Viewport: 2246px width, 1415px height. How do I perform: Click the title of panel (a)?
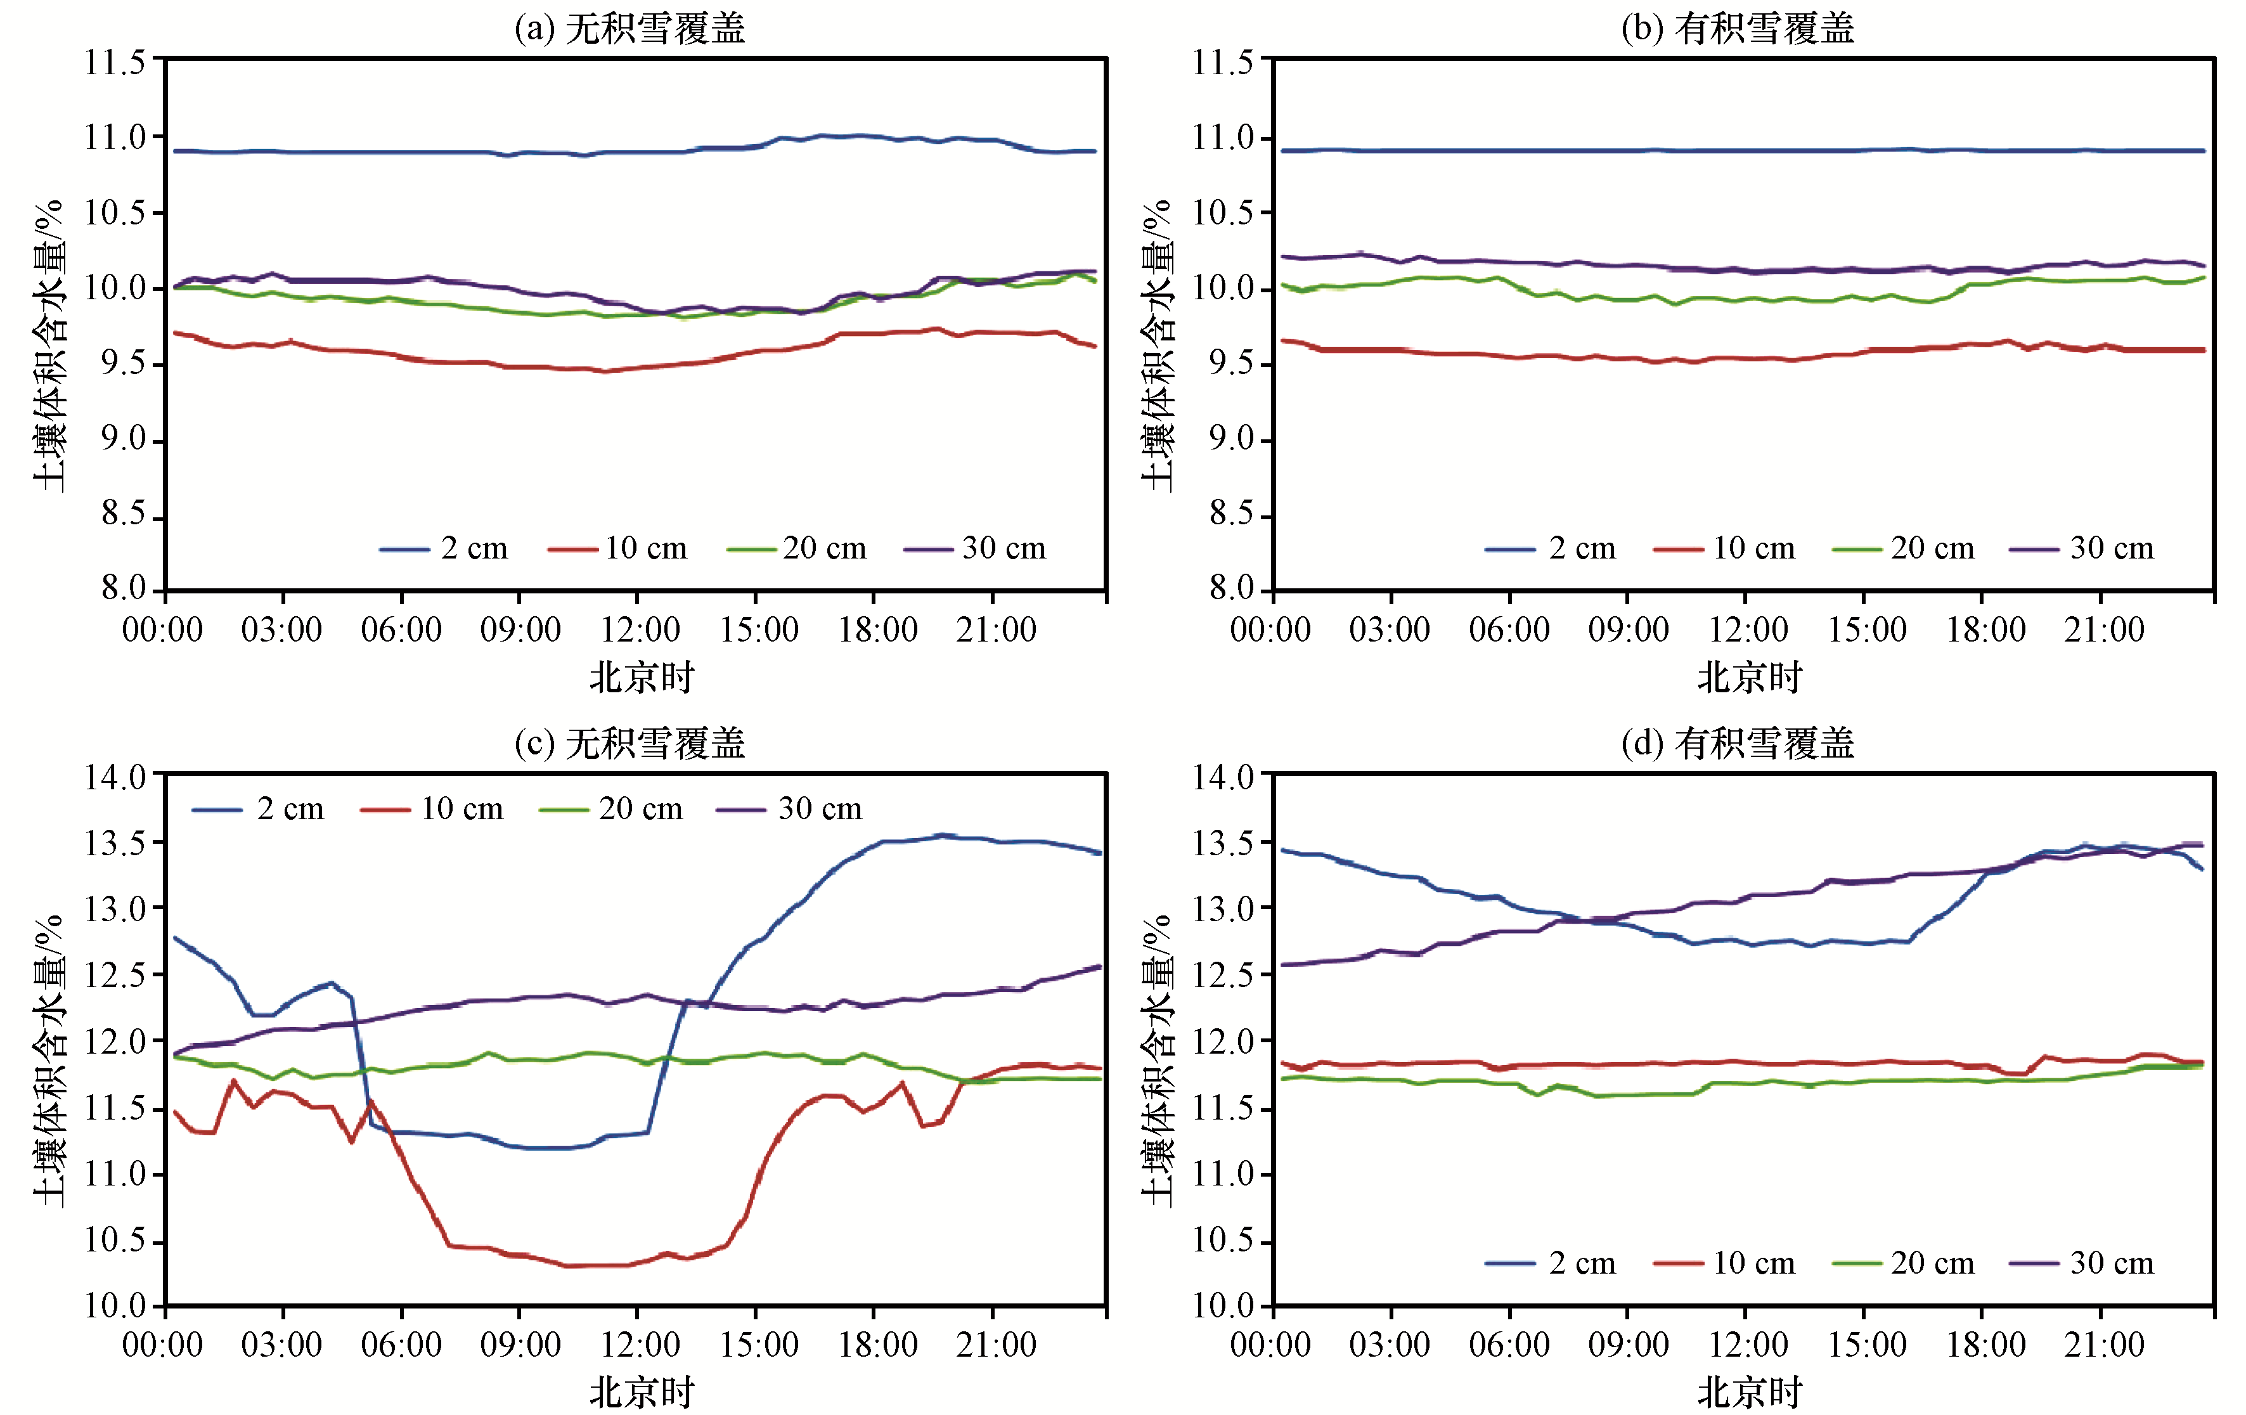tap(631, 28)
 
